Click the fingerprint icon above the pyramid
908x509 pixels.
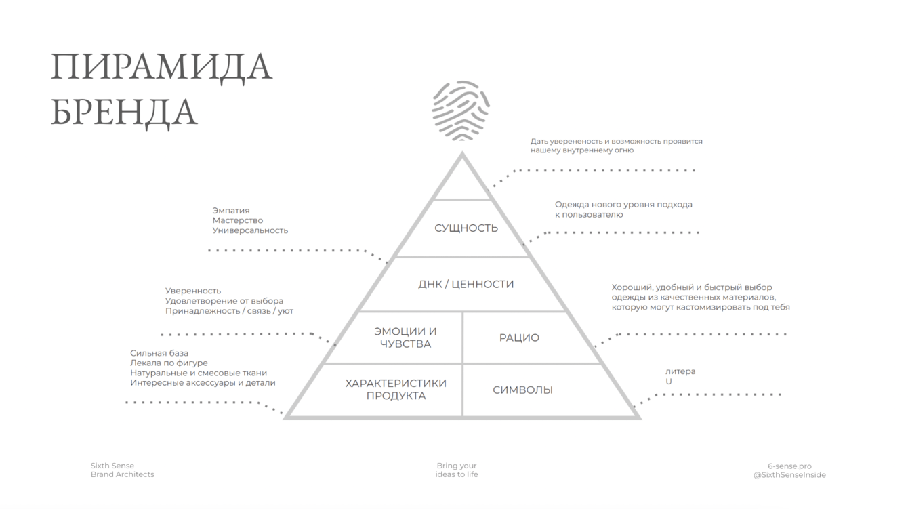(x=461, y=110)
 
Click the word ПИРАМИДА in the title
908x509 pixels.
(x=161, y=67)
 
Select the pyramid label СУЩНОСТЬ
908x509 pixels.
(x=466, y=228)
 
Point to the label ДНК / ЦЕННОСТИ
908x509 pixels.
(x=466, y=284)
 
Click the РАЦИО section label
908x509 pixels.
(x=519, y=338)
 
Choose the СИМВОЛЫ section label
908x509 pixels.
(x=522, y=390)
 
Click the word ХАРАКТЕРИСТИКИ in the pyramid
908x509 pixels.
(x=396, y=383)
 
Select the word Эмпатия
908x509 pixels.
(x=231, y=211)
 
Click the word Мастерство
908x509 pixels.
(x=238, y=220)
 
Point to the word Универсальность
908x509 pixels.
(x=250, y=230)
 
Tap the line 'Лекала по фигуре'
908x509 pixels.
(x=169, y=363)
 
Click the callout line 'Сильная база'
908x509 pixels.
(x=159, y=353)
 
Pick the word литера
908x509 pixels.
(x=680, y=371)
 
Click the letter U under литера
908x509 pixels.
(x=669, y=382)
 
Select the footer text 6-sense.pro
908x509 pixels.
(x=789, y=466)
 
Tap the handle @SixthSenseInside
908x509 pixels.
(x=789, y=475)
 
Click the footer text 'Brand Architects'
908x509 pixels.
(x=123, y=474)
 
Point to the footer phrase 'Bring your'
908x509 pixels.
(x=457, y=466)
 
